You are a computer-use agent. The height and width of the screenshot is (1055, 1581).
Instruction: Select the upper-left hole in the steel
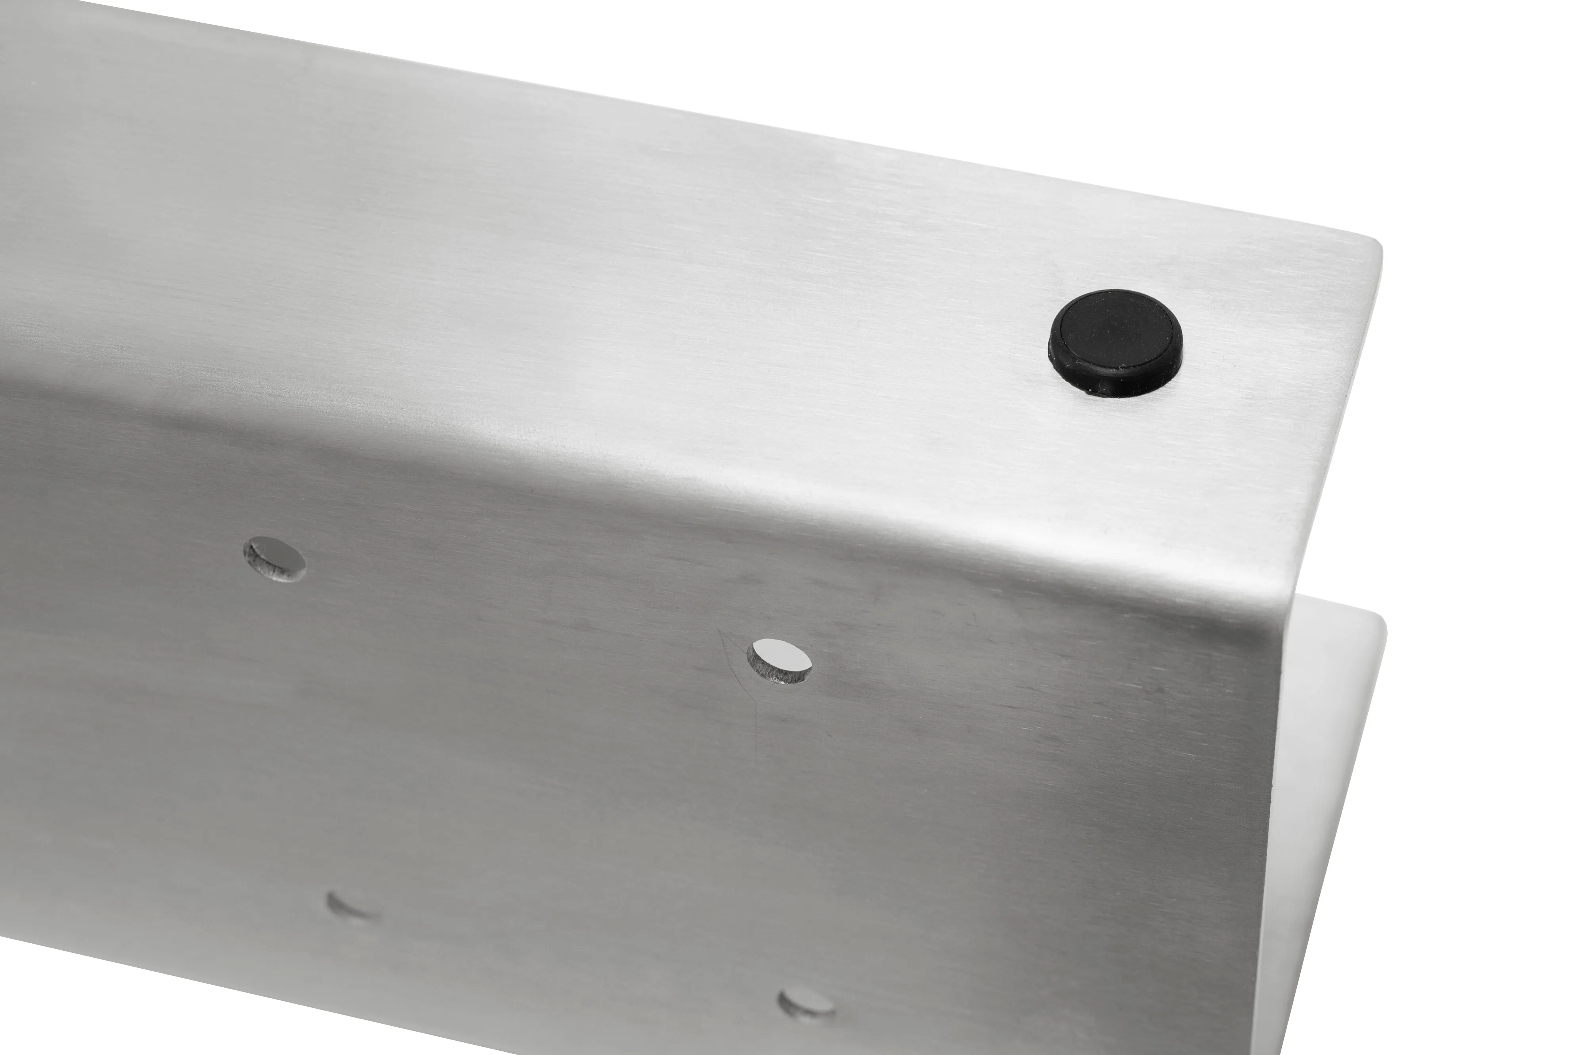point(275,559)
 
